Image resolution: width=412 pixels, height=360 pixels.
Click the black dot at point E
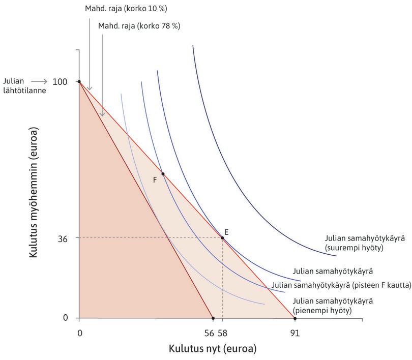[x=222, y=238]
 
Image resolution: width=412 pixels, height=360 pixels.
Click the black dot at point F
[x=163, y=174]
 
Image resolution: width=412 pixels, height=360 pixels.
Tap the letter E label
[x=226, y=232]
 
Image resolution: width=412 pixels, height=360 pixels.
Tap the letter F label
[x=155, y=180]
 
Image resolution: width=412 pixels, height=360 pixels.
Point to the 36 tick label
[x=64, y=237]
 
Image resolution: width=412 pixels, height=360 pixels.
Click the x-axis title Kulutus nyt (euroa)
[x=213, y=349]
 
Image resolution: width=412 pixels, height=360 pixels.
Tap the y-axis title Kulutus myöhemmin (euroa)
[x=34, y=192]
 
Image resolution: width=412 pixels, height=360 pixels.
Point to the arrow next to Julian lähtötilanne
[x=40, y=81]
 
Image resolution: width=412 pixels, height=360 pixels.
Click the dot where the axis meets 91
[x=295, y=318]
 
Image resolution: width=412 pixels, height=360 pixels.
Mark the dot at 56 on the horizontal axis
[x=213, y=318]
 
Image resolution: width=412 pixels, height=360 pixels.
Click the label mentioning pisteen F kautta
[x=341, y=285]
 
